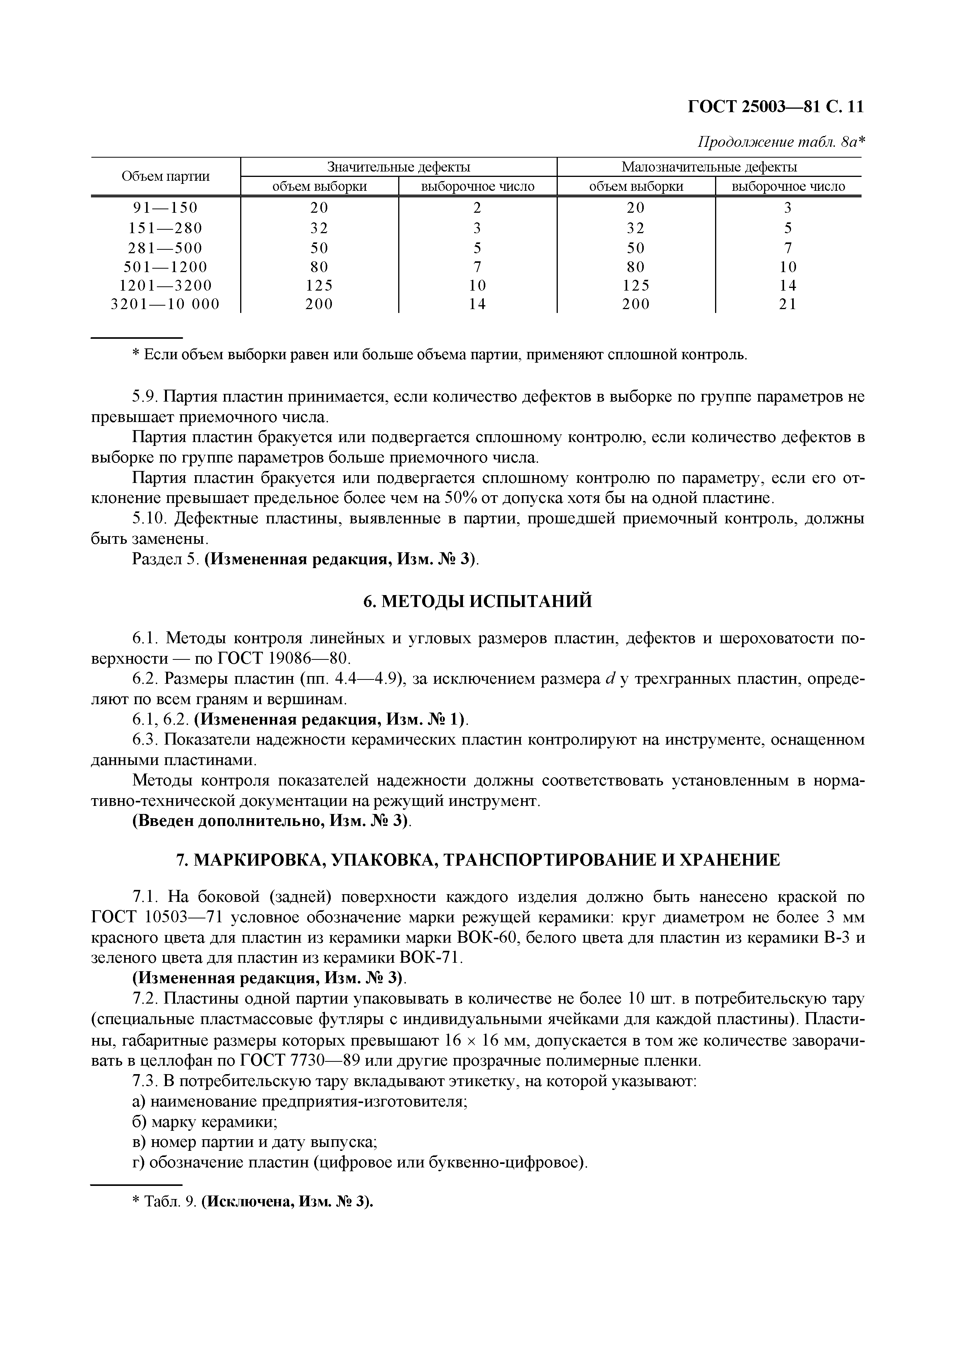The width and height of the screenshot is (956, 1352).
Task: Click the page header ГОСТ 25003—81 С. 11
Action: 775,107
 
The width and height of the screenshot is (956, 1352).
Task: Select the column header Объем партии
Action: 165,176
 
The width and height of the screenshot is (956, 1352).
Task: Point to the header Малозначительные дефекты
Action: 709,166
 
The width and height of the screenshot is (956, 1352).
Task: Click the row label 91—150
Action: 165,207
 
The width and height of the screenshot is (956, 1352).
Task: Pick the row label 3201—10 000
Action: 165,304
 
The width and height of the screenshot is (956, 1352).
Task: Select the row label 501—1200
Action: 165,266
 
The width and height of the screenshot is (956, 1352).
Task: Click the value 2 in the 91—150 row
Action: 477,207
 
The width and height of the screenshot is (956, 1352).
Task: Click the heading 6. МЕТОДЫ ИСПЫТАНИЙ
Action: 477,601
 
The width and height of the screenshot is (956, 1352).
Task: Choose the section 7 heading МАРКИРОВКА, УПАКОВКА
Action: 477,860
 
